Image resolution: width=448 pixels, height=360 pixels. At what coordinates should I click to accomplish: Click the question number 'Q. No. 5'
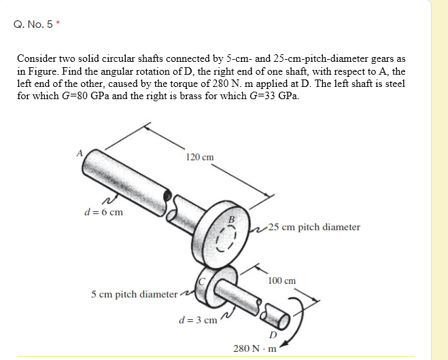click(x=33, y=25)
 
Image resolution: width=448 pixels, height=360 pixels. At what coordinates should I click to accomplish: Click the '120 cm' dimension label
click(x=199, y=157)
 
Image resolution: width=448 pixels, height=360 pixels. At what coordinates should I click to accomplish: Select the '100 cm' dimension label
click(x=281, y=280)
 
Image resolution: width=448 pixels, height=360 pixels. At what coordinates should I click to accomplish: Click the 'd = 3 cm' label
click(x=197, y=319)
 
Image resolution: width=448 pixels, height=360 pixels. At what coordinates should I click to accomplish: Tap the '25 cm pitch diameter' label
click(x=314, y=227)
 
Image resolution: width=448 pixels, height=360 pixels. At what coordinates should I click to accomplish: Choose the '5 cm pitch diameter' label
click(x=133, y=294)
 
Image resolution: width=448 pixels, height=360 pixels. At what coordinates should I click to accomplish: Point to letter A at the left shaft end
click(x=80, y=154)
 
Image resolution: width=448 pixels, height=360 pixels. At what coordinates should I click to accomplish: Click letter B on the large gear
click(x=231, y=219)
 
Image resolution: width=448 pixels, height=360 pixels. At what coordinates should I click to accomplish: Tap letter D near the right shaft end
click(x=273, y=334)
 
